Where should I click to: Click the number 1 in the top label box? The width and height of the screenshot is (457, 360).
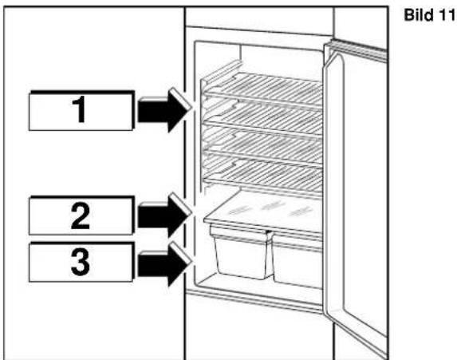[x=79, y=110]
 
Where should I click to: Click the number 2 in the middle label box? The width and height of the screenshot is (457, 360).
[x=81, y=216]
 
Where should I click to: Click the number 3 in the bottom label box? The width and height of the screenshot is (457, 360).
[x=81, y=263]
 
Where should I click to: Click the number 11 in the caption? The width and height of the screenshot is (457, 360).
[x=446, y=14]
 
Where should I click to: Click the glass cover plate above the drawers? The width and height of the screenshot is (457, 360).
[x=264, y=212]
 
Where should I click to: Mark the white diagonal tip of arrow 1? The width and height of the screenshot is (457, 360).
[x=181, y=98]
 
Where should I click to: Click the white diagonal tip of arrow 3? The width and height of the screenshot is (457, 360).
[x=181, y=253]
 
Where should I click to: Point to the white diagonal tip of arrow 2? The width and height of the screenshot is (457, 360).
[x=181, y=204]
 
